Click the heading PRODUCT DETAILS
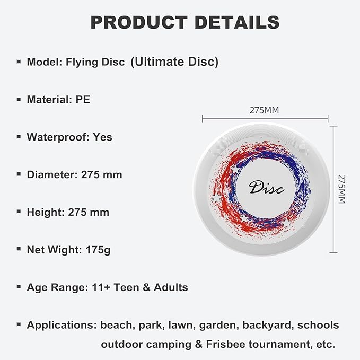point(185,22)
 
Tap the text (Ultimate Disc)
point(174,62)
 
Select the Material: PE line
point(58,99)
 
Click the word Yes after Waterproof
point(102,137)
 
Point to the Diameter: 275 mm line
point(74,174)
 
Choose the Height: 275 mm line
point(68,212)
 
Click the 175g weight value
point(98,250)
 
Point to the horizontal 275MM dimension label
point(264,110)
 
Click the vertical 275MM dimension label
point(342,189)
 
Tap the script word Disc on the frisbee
point(266,187)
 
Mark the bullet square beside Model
point(19,62)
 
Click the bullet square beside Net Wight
point(19,250)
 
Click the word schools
point(318,325)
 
